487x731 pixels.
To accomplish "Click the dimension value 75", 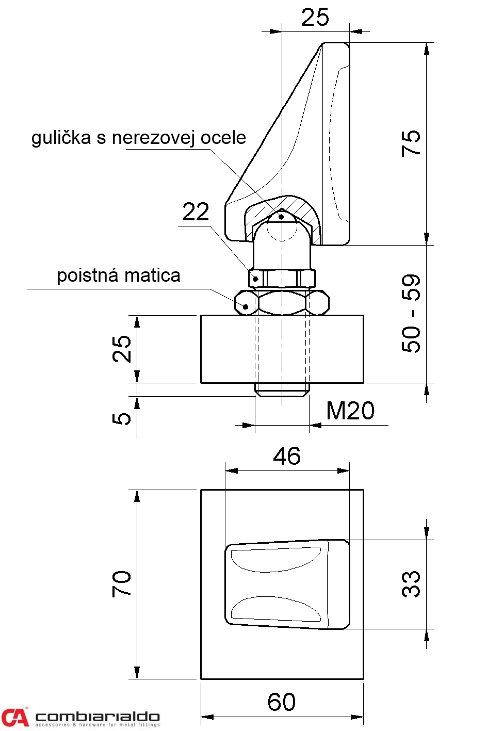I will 411,143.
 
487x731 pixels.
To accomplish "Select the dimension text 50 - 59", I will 411,313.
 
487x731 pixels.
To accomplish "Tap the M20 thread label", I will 350,411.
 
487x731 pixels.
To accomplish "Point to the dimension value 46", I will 287,456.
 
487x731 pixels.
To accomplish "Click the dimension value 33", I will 411,584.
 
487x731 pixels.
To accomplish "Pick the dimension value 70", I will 122,584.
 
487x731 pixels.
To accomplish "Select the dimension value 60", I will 282,702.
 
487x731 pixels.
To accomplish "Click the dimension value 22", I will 196,212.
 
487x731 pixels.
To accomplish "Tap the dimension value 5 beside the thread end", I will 122,418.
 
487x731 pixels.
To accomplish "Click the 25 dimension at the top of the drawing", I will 315,18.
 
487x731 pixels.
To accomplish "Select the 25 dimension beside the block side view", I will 122,349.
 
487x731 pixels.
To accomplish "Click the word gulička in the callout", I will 61,138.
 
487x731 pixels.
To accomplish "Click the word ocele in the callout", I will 223,138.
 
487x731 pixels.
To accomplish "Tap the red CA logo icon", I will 14,717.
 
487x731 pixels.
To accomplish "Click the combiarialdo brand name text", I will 98,716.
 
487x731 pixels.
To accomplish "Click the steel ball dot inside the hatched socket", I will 281,217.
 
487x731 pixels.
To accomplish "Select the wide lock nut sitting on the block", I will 282,302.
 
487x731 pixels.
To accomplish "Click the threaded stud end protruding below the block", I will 282,390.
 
